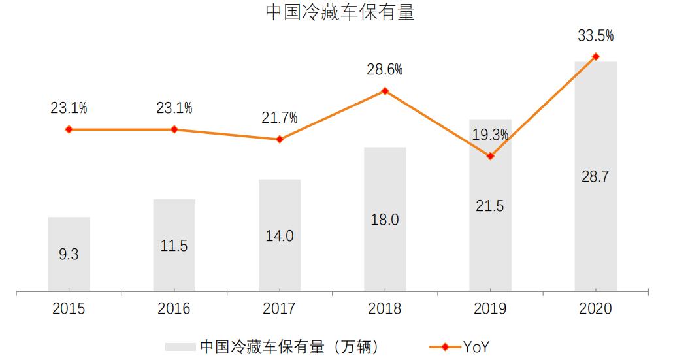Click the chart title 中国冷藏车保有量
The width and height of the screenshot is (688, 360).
[x=340, y=13]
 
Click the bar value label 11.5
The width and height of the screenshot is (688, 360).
[x=174, y=246]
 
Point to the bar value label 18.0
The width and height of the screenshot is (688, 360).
[x=385, y=220]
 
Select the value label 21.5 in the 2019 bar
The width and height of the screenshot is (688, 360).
[x=490, y=206]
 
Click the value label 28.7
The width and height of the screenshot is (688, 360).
[x=595, y=176]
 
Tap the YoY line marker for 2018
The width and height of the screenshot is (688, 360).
[x=385, y=91]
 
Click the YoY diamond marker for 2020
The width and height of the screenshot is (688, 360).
[x=595, y=57]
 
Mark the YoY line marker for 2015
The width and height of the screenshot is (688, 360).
[x=69, y=129]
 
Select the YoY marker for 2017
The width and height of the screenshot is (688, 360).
[x=280, y=139]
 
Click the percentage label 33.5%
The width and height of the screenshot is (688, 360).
[x=595, y=36]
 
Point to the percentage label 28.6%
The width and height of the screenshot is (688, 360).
[x=385, y=70]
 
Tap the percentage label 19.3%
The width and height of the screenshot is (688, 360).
[x=490, y=135]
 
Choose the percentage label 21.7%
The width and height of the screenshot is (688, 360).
[x=280, y=118]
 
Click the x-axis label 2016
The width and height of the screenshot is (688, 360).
[x=174, y=308]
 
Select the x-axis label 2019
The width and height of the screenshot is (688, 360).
[x=490, y=308]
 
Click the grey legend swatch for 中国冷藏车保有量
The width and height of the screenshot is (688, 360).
[x=180, y=347]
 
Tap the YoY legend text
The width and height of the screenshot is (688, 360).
[x=476, y=347]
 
